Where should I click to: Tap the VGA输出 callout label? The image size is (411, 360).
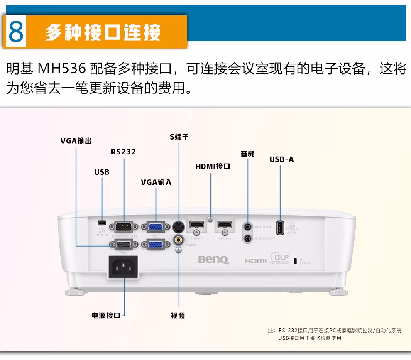pos(76,141)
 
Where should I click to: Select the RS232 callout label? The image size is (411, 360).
pos(123,152)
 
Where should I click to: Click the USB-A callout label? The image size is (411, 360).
pos(281,159)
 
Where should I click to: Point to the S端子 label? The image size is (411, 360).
pos(179,137)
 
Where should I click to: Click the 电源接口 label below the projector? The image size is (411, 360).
pos(106,316)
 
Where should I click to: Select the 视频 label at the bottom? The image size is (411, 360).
pos(178,316)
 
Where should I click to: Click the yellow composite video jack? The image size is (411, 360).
pos(179,240)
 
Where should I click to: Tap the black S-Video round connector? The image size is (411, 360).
pos(179,227)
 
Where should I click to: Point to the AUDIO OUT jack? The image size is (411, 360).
pos(248,238)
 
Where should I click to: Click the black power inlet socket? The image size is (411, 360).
pos(124,267)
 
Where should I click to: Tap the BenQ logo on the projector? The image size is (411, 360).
pos(213,260)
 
